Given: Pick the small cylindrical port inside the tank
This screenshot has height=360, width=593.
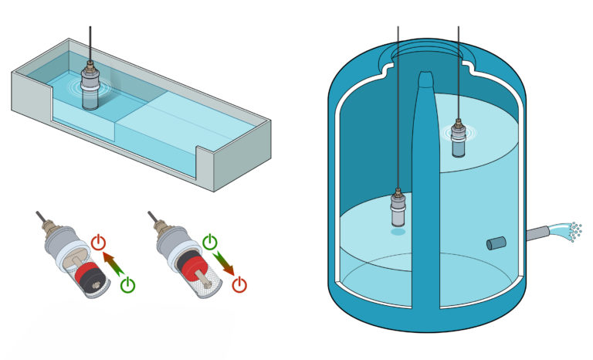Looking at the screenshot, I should (x=494, y=244).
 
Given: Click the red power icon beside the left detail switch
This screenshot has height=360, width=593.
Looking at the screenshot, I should (x=98, y=243).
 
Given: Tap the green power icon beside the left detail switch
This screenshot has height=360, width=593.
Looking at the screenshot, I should (x=128, y=284).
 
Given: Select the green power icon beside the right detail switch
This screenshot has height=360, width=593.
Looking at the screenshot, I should (x=209, y=243).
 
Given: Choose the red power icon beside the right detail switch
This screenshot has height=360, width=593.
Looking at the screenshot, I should (x=240, y=284).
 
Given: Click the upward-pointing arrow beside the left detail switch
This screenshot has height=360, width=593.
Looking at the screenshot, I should (x=114, y=263).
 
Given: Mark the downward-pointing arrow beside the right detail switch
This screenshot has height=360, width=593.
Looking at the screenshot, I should (x=225, y=263).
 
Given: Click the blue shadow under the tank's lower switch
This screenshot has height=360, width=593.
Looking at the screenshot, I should (x=398, y=231).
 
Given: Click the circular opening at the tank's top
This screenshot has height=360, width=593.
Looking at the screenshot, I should (x=426, y=53).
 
